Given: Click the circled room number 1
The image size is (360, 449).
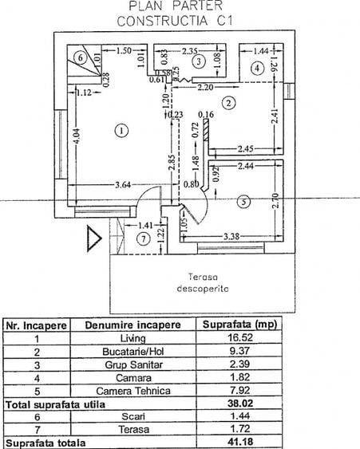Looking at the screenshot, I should (x=121, y=130).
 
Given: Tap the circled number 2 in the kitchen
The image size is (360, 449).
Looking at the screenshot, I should (x=228, y=102).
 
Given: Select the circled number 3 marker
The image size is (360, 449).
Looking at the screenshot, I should (x=200, y=61).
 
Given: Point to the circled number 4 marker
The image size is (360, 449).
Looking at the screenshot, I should (x=257, y=69).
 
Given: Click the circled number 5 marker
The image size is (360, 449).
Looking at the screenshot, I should (x=243, y=203).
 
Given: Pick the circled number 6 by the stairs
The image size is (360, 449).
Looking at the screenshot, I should (x=81, y=57).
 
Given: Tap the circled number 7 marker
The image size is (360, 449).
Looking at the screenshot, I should (x=144, y=238).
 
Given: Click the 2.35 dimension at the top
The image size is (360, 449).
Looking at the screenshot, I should (x=188, y=49).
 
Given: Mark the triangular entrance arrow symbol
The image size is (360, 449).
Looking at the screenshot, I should (x=93, y=237).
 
